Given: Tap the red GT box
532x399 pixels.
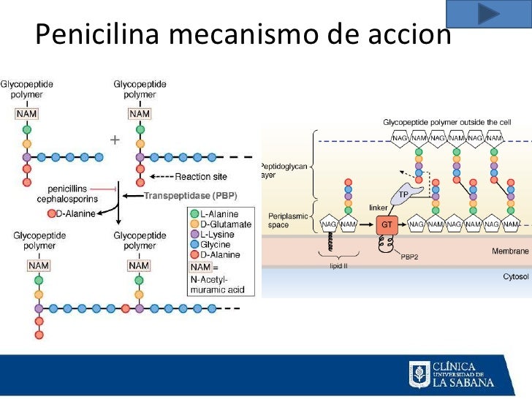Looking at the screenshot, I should point(387,225).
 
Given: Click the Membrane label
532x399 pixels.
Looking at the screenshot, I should point(509,251).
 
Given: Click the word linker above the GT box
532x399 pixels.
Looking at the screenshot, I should point(379,208).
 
